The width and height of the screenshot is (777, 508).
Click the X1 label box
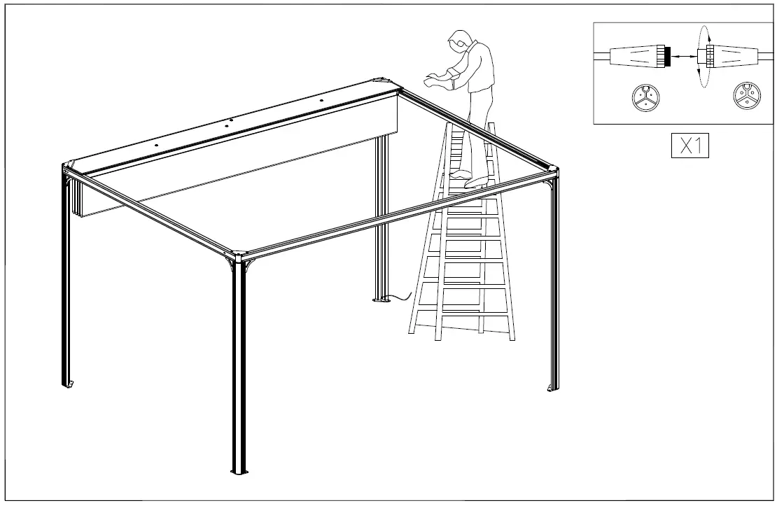689,146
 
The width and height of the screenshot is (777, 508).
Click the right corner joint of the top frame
552,169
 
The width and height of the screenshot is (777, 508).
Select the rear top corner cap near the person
383,80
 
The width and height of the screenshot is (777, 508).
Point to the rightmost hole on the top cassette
321,100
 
